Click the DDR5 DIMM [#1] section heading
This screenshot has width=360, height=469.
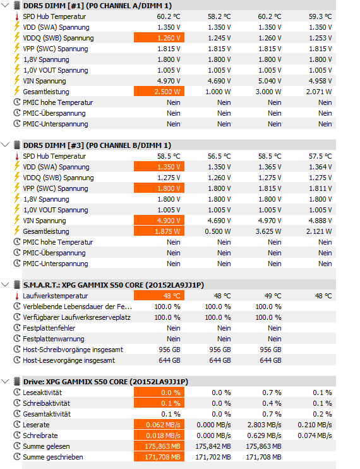97,6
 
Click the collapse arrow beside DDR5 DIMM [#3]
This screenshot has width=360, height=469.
5,145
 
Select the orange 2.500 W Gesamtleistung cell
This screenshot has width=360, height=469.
159,92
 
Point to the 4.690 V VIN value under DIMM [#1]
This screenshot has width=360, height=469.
219,81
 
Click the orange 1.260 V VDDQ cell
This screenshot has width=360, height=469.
159,38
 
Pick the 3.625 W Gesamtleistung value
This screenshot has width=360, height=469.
268,231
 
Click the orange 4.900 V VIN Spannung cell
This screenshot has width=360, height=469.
159,221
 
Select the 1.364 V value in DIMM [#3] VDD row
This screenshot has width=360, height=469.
320,167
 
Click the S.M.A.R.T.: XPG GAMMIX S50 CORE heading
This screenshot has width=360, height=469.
114,285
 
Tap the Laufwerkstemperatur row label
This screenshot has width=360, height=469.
56,296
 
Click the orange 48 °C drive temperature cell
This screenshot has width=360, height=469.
159,296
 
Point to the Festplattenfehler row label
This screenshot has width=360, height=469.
49,328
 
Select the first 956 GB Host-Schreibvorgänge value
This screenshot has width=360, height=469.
169,350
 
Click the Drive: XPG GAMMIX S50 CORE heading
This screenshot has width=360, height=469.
105,382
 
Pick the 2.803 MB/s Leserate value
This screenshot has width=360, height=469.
264,425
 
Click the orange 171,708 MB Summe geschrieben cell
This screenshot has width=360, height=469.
159,457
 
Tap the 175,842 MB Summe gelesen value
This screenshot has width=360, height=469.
213,447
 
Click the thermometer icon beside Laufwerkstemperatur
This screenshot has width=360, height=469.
17,296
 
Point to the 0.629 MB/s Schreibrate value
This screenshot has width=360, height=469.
264,435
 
